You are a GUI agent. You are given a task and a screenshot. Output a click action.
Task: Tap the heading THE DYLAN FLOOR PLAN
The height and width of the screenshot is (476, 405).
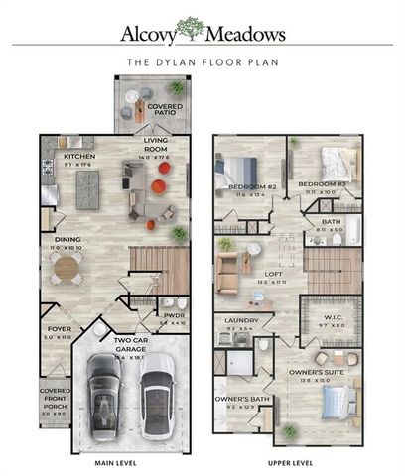[202, 61]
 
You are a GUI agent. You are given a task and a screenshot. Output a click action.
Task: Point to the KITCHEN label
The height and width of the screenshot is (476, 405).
[78, 157]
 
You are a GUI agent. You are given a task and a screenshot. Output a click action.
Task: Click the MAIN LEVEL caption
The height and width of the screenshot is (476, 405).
[115, 462]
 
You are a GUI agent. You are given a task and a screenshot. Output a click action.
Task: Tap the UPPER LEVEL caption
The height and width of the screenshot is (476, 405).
[290, 462]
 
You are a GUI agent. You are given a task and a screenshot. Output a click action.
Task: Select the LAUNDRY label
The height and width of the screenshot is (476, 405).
[242, 321]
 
